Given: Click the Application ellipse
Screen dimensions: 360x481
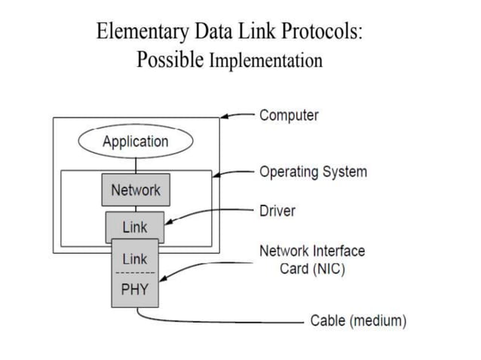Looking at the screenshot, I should click(136, 141).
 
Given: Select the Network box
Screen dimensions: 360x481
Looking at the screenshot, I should click(136, 190).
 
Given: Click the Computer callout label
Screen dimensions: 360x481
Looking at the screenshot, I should click(289, 115).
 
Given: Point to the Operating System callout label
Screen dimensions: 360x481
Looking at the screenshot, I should click(313, 171).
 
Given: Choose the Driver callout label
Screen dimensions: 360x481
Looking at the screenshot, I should click(277, 211).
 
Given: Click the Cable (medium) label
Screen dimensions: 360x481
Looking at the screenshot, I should click(358, 321).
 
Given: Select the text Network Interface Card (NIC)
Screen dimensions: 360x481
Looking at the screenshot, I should click(312, 260).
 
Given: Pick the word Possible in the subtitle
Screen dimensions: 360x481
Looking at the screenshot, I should click(170, 59).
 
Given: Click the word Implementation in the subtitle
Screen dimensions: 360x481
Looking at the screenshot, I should click(265, 60).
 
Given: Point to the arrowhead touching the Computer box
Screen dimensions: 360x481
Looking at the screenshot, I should click(224, 117).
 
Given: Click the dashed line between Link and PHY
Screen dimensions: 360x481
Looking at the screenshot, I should click(135, 273).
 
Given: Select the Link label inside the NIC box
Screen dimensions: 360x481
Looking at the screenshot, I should click(135, 258).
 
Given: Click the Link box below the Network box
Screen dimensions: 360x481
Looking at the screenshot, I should click(135, 225).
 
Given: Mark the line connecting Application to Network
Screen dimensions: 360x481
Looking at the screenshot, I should click(136, 164).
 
